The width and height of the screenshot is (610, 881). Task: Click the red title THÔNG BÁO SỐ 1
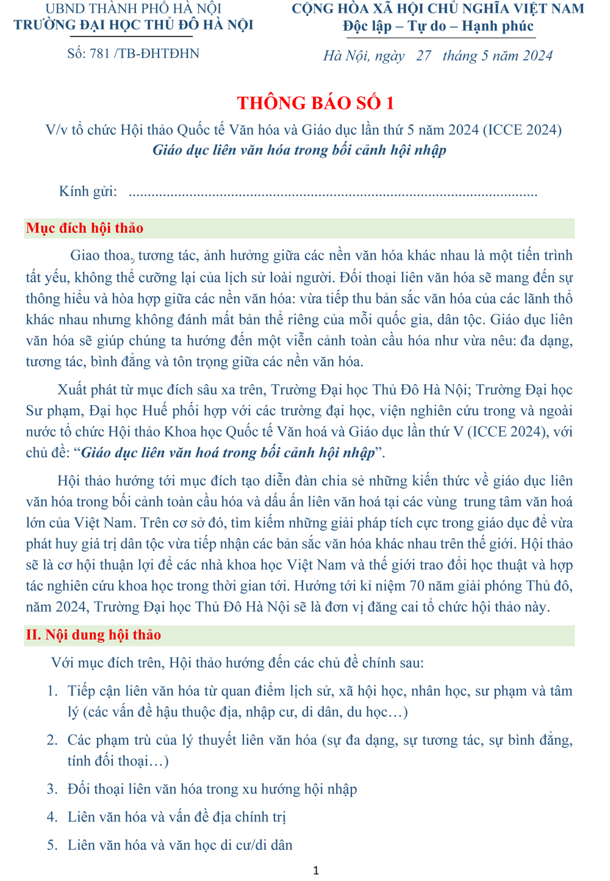(315, 103)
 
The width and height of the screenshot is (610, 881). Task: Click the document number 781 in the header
(99, 54)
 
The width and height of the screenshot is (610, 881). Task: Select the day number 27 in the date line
(423, 56)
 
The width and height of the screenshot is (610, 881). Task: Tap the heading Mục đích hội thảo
(85, 228)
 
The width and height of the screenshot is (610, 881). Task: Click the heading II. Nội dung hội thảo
(93, 635)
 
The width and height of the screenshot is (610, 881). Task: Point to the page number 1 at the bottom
(315, 871)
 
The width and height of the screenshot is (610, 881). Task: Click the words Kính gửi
(88, 191)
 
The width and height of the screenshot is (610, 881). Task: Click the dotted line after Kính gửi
(333, 194)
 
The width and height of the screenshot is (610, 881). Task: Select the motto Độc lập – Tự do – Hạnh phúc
(438, 26)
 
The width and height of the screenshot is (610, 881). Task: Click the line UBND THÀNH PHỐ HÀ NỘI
(134, 9)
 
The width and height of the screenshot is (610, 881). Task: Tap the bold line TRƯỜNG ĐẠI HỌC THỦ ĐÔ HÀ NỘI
(134, 25)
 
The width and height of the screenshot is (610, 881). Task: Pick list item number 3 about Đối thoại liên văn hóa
(212, 789)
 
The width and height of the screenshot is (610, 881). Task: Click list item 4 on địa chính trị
(176, 817)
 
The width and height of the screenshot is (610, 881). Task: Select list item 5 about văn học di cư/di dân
(180, 845)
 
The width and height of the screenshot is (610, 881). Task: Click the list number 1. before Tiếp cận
(52, 691)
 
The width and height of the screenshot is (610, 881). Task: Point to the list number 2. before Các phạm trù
(52, 740)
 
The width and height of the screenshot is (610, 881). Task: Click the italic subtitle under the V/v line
(299, 150)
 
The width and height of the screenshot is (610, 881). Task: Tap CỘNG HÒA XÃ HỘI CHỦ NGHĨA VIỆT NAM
(438, 9)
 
